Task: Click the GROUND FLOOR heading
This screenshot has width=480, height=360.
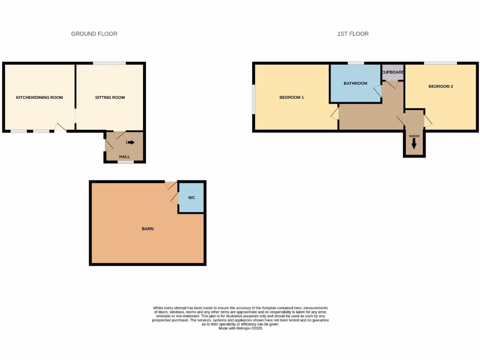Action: point(94,34)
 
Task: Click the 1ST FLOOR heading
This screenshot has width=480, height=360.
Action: point(353,34)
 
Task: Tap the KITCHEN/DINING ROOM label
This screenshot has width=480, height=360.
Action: point(39,97)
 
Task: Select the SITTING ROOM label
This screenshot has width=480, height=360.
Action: point(110,97)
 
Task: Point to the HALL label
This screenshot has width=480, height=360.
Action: point(124,157)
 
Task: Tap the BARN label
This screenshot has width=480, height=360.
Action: point(148,229)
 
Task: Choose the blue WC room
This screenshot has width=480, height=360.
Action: point(191,198)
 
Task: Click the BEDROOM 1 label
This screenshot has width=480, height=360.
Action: point(292,97)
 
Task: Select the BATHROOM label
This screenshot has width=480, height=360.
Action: point(355,83)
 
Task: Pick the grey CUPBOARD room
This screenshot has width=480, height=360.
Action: point(392,72)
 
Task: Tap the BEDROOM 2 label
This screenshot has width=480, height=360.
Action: point(441,86)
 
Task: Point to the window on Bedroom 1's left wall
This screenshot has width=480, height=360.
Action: point(254,99)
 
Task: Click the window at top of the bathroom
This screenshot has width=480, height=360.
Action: point(356,63)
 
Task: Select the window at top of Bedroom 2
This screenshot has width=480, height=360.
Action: point(441,63)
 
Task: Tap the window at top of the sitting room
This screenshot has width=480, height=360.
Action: point(109,63)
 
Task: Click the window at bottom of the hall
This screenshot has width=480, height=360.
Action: point(126,162)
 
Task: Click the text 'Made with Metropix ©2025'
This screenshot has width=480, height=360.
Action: point(240,328)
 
